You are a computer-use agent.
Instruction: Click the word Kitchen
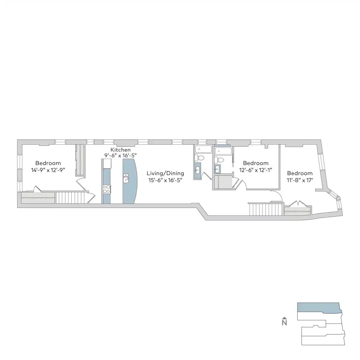(120, 150)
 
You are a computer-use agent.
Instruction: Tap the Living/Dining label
(165, 173)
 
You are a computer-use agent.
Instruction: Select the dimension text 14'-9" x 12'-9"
(48, 170)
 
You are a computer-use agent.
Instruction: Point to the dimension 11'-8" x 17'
(300, 180)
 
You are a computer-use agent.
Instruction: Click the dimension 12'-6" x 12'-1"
(256, 170)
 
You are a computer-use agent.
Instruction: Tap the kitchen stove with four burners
(106, 189)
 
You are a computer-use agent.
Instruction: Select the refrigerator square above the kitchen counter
(107, 163)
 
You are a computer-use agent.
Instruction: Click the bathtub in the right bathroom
(223, 151)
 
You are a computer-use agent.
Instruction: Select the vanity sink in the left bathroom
(197, 170)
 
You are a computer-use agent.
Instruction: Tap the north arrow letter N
(284, 323)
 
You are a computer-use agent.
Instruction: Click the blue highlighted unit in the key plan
(318, 307)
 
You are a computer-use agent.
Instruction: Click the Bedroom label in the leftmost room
(48, 163)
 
